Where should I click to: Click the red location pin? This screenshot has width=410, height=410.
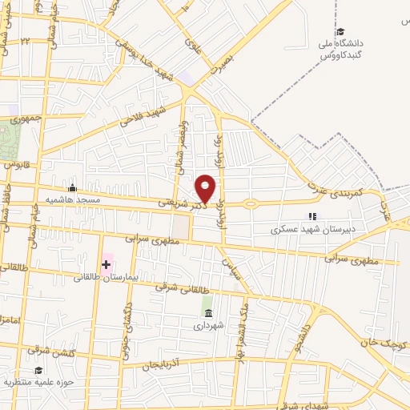point(206,187)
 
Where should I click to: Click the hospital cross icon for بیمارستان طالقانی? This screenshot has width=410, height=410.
point(106,263)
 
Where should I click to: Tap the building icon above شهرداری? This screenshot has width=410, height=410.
point(208,312)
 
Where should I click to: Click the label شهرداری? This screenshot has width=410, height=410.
point(208,325)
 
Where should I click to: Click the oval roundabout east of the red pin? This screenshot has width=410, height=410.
point(251,203)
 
